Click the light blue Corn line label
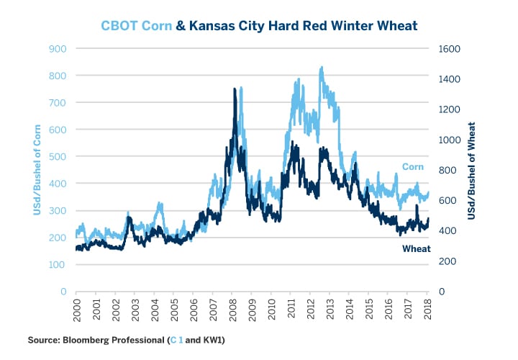(x=412, y=167)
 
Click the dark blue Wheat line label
(x=416, y=248)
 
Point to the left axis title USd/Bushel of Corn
(x=36, y=170)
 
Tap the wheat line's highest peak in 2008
(x=235, y=89)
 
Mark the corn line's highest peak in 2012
(x=321, y=67)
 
